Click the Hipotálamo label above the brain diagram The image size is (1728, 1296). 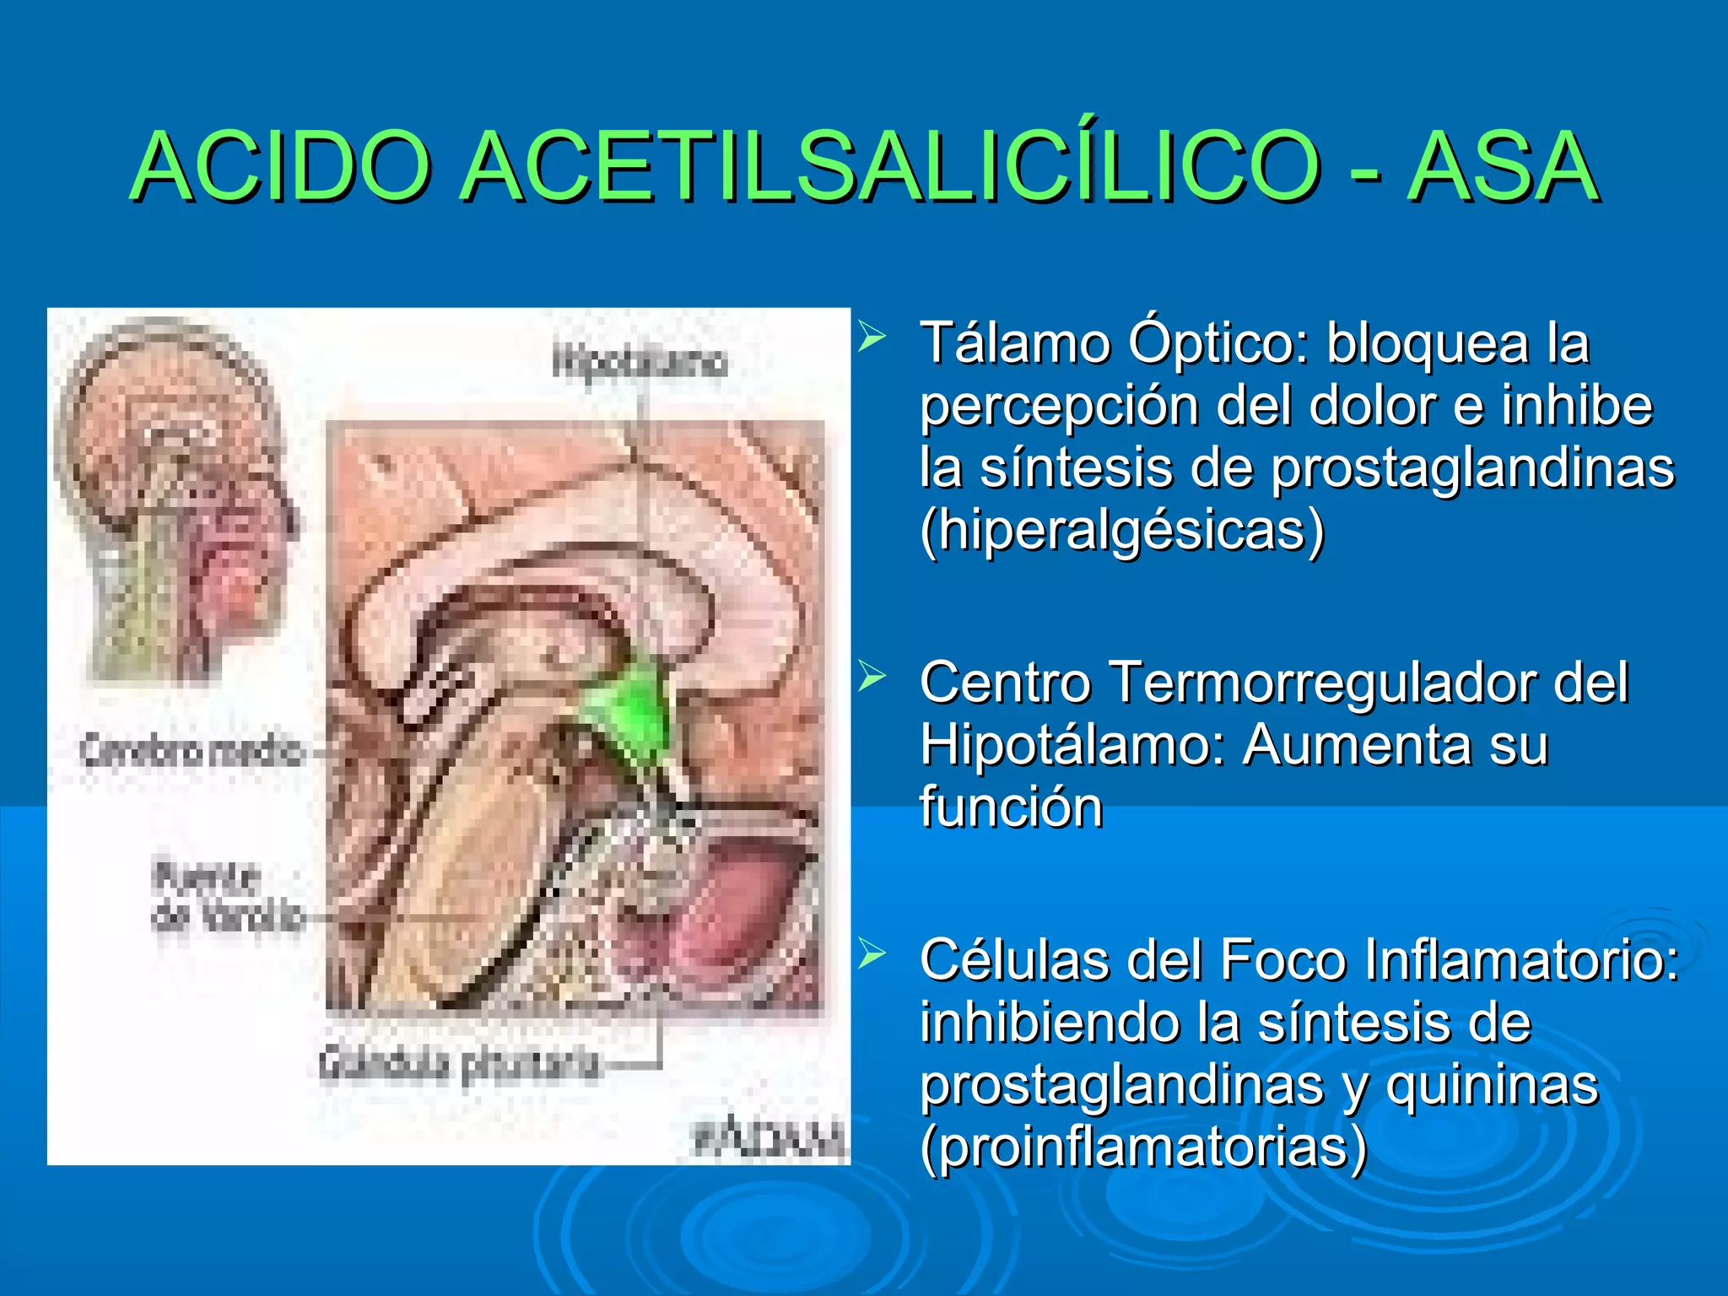pyautogui.click(x=639, y=362)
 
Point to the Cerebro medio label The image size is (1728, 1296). pyautogui.click(x=191, y=750)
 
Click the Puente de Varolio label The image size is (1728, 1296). pyautogui.click(x=226, y=896)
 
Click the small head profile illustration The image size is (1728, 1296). pyautogui.click(x=173, y=498)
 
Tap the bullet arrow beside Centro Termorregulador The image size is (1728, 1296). pyautogui.click(x=871, y=676)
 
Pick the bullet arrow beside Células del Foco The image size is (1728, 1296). pyautogui.click(x=871, y=954)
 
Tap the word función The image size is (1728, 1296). pyautogui.click(x=1011, y=807)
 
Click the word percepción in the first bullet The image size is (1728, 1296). pyautogui.click(x=1060, y=406)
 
